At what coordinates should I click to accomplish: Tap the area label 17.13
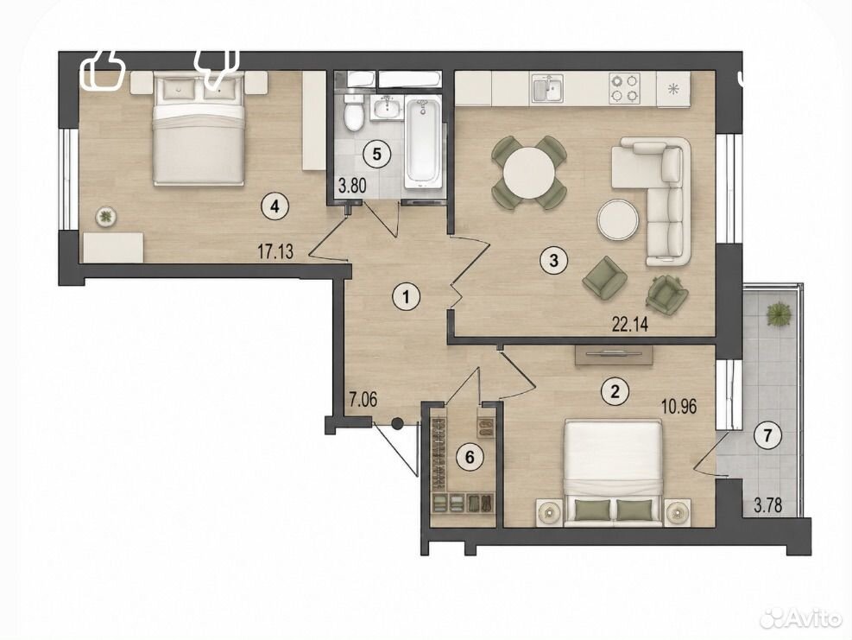[275, 251]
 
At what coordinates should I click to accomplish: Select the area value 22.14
[630, 324]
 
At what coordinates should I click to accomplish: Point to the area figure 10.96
[678, 406]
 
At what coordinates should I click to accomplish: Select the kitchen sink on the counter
[547, 89]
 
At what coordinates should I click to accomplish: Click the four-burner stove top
[624, 88]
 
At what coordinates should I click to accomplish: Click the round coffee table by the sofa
[617, 219]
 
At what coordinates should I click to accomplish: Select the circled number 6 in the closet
[470, 457]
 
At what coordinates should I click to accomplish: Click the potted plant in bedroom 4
[105, 217]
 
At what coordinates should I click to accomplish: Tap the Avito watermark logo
[800, 617]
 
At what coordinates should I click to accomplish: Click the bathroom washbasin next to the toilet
[387, 108]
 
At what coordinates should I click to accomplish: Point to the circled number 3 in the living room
[553, 260]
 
